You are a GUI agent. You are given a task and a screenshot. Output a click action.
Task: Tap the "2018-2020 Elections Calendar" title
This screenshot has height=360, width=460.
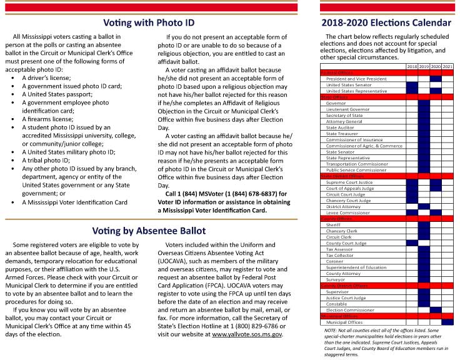tap(386, 22)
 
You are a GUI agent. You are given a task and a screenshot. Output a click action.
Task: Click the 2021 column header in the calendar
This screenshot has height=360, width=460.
tap(448, 66)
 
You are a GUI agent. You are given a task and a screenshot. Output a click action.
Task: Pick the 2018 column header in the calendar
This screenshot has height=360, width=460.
tap(412, 66)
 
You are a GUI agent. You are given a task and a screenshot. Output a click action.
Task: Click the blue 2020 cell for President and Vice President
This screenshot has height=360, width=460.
tap(436, 79)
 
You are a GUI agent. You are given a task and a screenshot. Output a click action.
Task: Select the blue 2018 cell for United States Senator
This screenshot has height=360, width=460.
tap(412, 85)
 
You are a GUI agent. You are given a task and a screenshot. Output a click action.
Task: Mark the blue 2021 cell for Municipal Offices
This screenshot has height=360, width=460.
tap(448, 322)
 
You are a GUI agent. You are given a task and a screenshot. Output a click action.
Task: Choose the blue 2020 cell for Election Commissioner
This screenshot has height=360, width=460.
tap(436, 310)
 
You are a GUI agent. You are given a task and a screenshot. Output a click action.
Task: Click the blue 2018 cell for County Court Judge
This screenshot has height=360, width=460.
tap(412, 243)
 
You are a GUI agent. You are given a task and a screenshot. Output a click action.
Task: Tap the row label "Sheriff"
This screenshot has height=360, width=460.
tap(333, 225)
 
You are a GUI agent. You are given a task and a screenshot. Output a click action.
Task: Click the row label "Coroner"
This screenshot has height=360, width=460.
tap(334, 261)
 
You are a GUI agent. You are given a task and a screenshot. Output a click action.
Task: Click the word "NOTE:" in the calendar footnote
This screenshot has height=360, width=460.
tap(326, 329)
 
